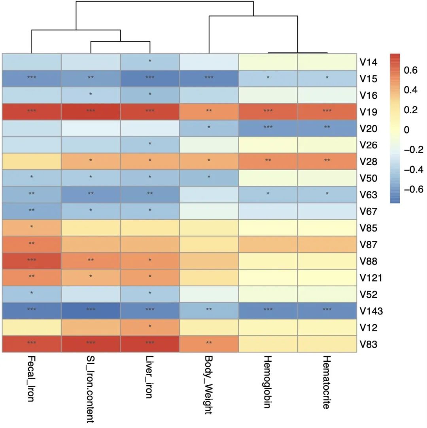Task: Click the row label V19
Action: [x=368, y=112]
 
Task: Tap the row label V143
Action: [x=371, y=311]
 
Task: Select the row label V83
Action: [x=368, y=344]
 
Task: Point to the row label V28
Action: [x=368, y=162]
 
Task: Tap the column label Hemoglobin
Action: [x=268, y=382]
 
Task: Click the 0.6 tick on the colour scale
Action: [x=410, y=70]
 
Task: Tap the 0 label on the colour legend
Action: [x=406, y=130]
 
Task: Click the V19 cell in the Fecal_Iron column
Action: [x=32, y=111]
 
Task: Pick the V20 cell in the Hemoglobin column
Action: [x=268, y=128]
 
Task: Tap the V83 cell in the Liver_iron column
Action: [x=150, y=344]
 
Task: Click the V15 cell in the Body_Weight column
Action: [x=209, y=78]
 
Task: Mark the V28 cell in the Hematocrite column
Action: [x=327, y=161]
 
